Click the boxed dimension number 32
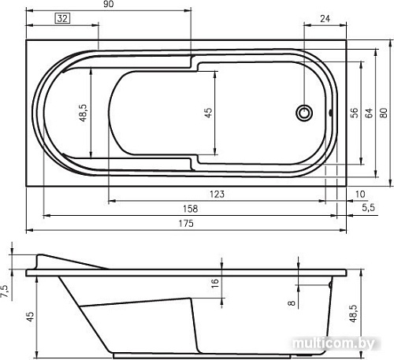point(62,18)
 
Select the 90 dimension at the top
point(109,4)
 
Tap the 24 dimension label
point(325,19)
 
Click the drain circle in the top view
point(304,113)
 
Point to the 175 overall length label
point(186,224)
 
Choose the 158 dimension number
point(190,209)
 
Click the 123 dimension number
point(217,195)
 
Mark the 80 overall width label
point(384,113)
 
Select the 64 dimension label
point(370,113)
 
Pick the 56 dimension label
point(355,113)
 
